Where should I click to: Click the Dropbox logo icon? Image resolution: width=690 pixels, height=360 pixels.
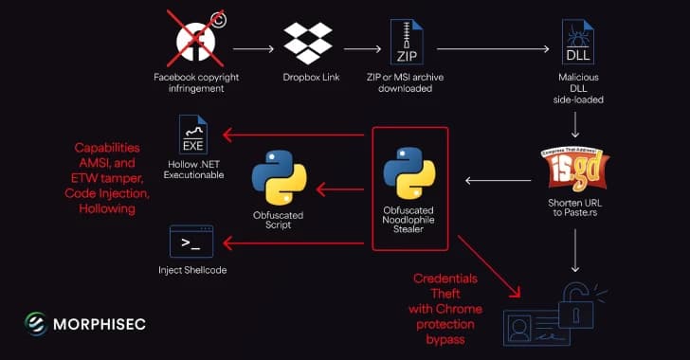click(309, 44)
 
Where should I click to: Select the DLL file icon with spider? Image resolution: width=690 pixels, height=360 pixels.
click(578, 43)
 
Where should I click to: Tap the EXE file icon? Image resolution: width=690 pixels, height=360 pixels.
click(193, 135)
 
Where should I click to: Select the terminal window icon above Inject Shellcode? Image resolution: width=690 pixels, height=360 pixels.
click(190, 243)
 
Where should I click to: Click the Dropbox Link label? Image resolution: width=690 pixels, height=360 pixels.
click(310, 77)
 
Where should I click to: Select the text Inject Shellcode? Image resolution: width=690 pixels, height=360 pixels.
click(191, 271)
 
